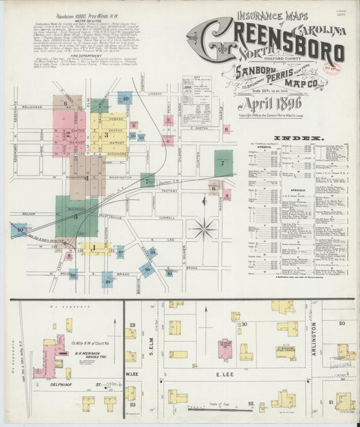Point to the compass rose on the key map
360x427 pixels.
203,228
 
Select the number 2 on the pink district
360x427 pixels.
67,134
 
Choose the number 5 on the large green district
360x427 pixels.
76,216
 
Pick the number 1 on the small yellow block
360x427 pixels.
93,247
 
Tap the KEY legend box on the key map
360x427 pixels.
197,98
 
